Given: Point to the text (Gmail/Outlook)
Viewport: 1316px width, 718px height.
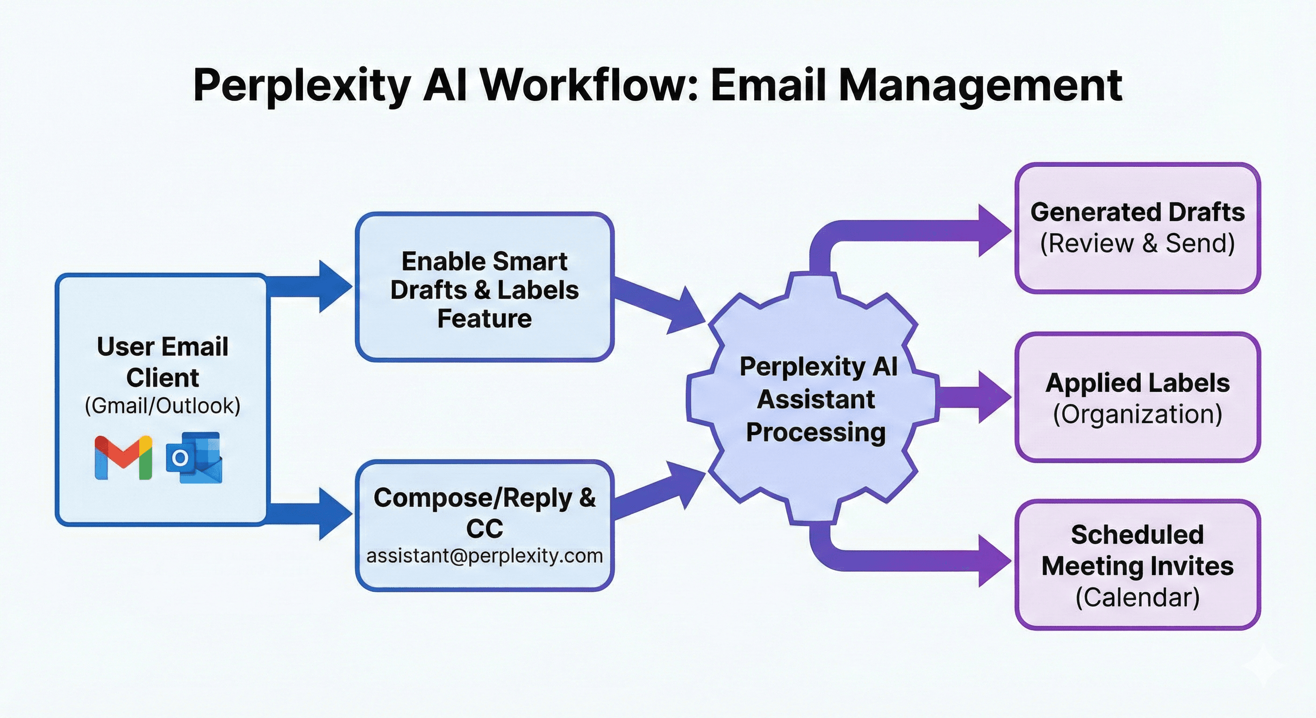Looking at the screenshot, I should [163, 406].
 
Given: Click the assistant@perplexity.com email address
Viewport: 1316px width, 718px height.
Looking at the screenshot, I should [484, 555].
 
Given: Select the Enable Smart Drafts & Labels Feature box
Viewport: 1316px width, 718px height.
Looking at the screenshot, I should [484, 287].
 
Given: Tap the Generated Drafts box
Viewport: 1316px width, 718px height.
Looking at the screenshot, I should [1137, 228].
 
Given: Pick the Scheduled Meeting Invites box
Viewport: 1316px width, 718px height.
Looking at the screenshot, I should [1137, 565].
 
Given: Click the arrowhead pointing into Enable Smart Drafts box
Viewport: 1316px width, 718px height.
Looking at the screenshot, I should [335, 286].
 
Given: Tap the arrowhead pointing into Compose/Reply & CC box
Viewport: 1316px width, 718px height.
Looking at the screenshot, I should [335, 513].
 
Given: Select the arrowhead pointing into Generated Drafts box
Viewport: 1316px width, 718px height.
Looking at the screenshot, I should [993, 230].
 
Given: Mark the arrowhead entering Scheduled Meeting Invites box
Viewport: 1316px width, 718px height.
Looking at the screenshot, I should [993, 561].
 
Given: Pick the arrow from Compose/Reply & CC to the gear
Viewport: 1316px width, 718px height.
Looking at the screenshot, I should [659, 491].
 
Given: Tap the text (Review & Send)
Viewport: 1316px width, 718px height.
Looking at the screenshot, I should [1137, 243].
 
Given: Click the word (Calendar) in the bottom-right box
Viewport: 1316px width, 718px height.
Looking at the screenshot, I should [1137, 597].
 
